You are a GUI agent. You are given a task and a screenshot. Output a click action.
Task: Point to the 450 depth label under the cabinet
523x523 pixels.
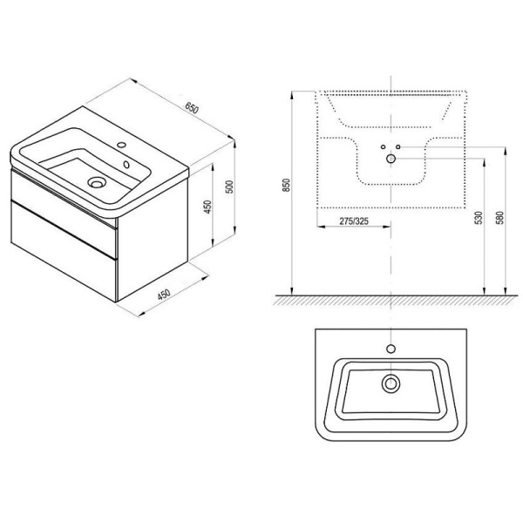point(162,294)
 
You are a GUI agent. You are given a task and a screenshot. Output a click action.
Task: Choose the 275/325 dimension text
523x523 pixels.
point(353,222)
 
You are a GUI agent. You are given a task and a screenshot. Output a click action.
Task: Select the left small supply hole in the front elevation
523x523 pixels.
point(383,147)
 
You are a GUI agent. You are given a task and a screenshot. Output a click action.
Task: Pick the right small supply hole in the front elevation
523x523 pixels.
point(398,147)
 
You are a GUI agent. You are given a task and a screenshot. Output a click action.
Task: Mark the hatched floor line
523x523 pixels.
point(392,299)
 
